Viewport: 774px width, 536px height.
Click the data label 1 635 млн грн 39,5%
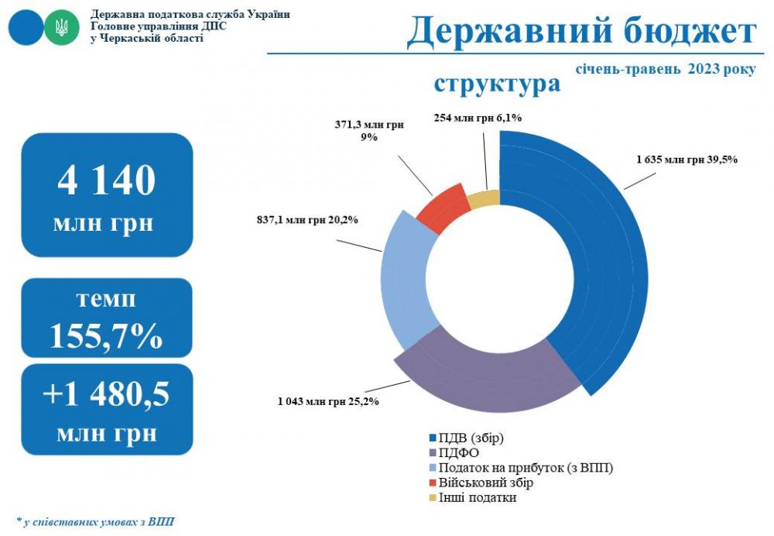(687, 160)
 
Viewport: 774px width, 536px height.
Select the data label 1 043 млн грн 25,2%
(329, 402)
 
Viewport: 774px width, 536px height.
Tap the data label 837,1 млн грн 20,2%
(307, 220)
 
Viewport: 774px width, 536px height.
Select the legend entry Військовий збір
(479, 483)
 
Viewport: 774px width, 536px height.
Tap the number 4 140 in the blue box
(107, 180)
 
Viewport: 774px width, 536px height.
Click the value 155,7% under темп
(107, 336)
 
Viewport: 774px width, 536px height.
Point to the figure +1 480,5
(107, 393)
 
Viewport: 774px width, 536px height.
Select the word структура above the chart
(497, 83)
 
